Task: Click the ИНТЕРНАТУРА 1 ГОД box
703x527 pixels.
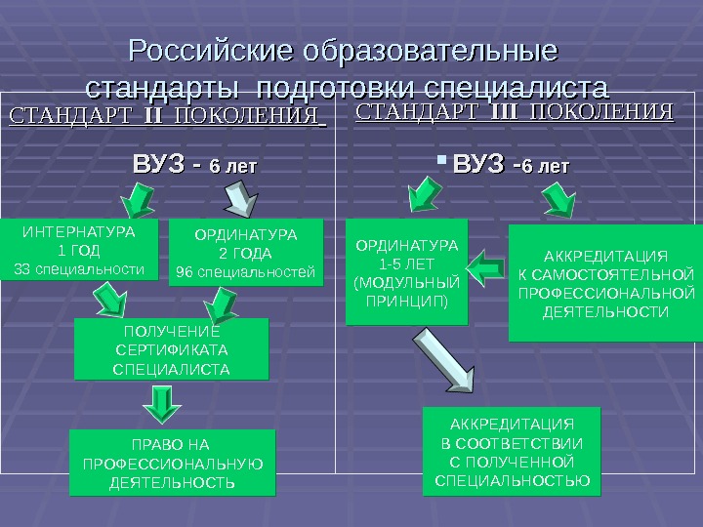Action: [x=79, y=250]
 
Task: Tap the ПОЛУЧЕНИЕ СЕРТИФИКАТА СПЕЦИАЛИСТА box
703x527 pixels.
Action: [x=171, y=348]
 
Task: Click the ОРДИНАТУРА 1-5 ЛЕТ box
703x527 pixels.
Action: [x=407, y=272]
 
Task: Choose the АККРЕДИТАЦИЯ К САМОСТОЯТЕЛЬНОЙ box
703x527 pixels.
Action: [x=604, y=283]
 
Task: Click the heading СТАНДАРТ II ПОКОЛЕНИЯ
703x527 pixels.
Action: [x=167, y=118]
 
